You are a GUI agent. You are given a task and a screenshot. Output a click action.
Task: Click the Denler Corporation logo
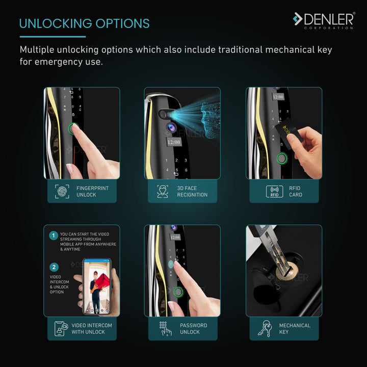pos(324,20)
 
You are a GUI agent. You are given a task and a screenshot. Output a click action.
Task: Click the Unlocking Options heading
pos(84,23)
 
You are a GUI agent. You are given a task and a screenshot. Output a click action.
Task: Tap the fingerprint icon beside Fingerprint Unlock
pos(62,191)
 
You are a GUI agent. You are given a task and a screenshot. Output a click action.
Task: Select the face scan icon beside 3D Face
pos(163,191)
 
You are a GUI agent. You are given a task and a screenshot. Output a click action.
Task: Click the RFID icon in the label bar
pos(275,192)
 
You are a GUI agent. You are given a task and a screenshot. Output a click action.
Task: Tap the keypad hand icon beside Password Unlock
pos(165,329)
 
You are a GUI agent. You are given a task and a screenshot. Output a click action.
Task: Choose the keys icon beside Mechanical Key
pos(265,329)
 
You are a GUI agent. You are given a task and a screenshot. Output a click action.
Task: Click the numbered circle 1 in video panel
pos(54,235)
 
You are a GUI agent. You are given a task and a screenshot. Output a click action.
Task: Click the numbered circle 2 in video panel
pos(54,267)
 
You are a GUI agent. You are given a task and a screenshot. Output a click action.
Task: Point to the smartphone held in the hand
pos(97,286)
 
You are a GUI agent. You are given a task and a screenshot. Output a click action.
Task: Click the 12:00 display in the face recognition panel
pos(174,142)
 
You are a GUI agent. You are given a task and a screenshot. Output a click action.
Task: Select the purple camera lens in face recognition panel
pos(172,127)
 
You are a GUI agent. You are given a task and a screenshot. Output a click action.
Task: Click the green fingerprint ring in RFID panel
pos(282,159)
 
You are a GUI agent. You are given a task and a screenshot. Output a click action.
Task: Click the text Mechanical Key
pos(295,329)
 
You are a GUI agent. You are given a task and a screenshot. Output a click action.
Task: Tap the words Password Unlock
pos(193,329)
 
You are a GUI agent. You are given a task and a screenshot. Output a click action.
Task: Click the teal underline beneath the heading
pos(53,37)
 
